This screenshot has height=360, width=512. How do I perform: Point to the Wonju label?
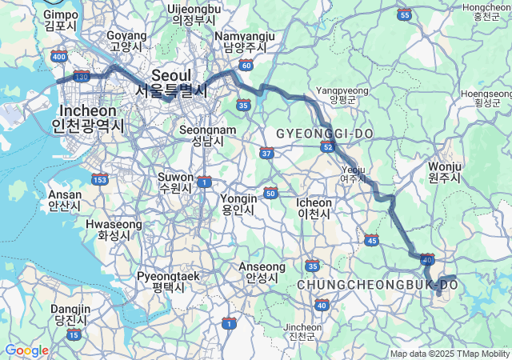[445, 172]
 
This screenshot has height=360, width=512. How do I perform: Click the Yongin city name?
[238, 204]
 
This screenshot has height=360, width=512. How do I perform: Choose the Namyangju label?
[244, 42]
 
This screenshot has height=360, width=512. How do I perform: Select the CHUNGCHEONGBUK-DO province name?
[376, 285]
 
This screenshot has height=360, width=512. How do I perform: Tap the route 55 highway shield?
[404, 14]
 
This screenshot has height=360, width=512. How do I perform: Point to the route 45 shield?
[371, 239]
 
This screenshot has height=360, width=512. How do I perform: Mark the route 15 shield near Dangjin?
[74, 334]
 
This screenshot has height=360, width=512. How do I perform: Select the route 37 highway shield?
[266, 152]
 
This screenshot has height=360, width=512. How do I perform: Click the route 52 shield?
[326, 146]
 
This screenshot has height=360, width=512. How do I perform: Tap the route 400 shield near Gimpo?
[58, 56]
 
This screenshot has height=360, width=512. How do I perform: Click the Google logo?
[26, 350]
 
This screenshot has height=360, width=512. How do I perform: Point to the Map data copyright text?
[449, 354]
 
